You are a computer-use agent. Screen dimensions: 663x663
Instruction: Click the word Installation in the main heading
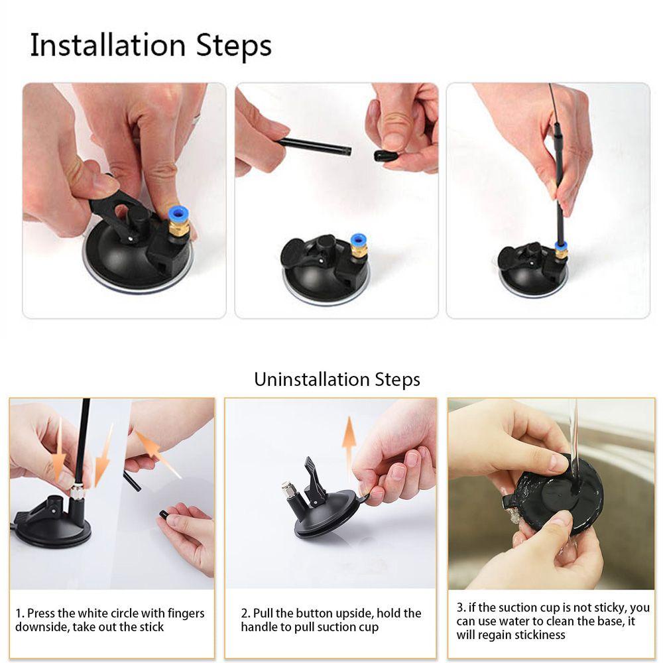[x=108, y=46]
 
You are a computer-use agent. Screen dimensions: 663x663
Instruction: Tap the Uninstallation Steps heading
[x=337, y=379]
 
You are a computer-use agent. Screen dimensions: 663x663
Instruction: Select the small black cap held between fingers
[x=386, y=156]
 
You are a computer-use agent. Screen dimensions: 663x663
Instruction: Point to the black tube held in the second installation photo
[x=314, y=145]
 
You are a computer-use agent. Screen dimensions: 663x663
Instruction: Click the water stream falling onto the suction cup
[x=573, y=440]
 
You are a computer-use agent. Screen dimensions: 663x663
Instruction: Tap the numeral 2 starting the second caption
[x=244, y=613]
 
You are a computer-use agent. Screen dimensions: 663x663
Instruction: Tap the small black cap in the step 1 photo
[x=164, y=514]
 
